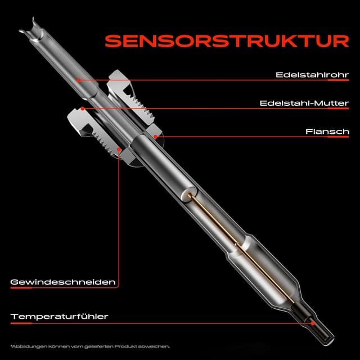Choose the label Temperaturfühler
(x=59, y=317)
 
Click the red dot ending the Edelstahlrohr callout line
(x=79, y=80)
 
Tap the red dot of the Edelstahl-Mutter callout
(x=83, y=108)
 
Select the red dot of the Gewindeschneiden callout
(x=119, y=149)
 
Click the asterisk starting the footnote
(x=11, y=345)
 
